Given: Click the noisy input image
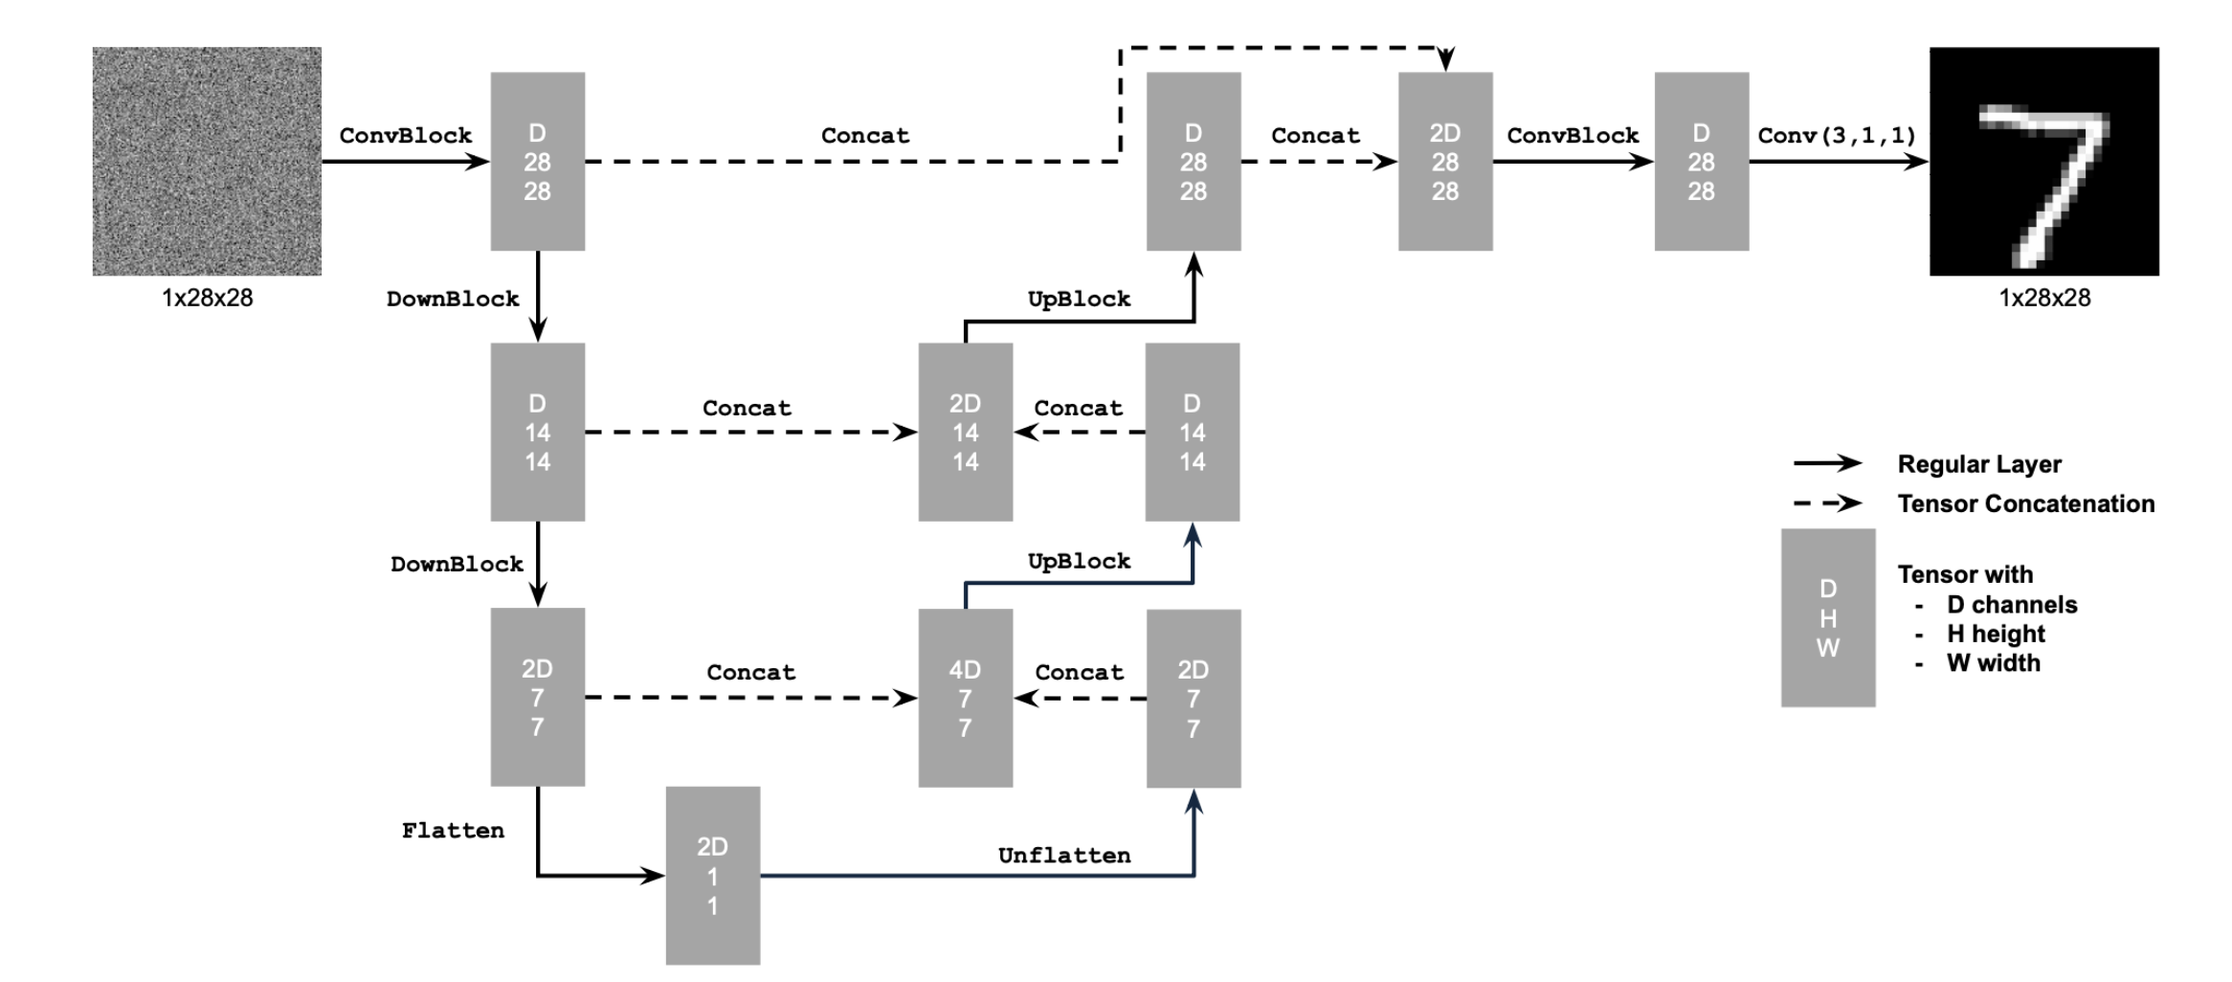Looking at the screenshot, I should coord(207,161).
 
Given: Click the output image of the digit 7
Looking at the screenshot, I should coord(2043,161).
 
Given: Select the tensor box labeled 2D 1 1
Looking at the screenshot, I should coord(713,875).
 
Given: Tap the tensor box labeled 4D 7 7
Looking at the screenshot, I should coord(965,698).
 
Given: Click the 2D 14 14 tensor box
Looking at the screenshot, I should coord(965,432).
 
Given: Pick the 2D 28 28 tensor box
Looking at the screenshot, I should coord(1444,161).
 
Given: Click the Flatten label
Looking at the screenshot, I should coord(453,830).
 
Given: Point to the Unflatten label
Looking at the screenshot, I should coord(1063,855).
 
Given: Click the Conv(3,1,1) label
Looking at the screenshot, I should coord(1837,135).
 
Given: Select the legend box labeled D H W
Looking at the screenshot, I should coord(1827,617).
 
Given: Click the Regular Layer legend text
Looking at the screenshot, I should coord(1978,464).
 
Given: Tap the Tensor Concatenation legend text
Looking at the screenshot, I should coord(2025,503).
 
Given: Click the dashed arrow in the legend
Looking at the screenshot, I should coord(1827,503).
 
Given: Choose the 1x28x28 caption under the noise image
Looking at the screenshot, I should coord(207,298).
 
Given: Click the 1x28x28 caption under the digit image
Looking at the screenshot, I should coord(2043,298).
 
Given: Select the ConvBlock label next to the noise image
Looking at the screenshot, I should coord(405,135).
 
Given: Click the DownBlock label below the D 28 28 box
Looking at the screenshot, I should coord(453,299).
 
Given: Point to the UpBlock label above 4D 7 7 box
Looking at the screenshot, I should coord(1079,561).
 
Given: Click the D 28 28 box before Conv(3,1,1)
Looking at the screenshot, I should coord(1701,161).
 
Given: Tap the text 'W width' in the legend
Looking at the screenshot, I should coord(1993,662).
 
